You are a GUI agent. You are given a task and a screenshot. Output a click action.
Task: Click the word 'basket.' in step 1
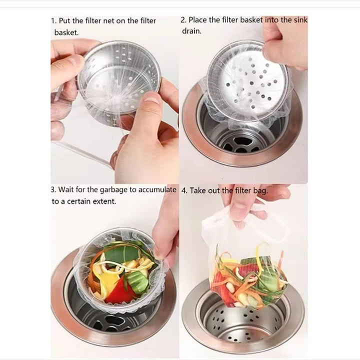(66, 32)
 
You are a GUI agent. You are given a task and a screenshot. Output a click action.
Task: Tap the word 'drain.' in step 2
(191, 31)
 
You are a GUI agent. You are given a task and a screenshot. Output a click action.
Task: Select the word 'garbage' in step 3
(113, 190)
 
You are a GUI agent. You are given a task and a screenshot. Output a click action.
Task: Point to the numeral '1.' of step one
(53, 21)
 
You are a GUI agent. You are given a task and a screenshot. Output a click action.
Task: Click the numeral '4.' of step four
(184, 191)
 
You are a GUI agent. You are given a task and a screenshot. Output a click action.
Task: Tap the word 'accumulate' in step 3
(157, 189)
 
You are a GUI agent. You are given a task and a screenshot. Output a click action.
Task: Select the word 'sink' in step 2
(300, 20)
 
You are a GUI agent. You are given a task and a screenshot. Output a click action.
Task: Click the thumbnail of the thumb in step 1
(150, 97)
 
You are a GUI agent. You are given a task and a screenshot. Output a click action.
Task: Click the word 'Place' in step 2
(197, 20)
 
